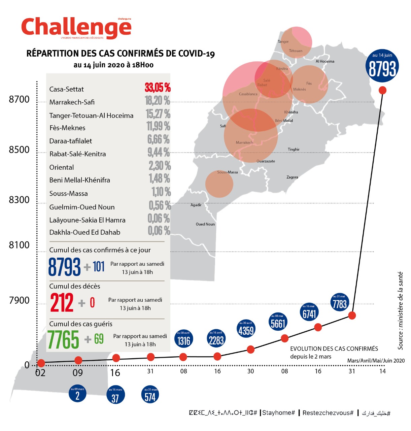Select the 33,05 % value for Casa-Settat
158,88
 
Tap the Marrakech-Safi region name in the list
72,102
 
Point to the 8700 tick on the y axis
19,99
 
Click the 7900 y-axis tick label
19,300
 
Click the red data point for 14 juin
382,90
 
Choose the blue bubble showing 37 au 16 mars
115,396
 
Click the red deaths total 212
62,303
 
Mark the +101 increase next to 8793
95,267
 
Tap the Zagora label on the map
292,177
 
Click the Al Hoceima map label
325,61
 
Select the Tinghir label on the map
294,149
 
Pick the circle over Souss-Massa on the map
219,184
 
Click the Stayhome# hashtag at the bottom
279,413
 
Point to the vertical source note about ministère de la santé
400,310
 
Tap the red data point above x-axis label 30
250,350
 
